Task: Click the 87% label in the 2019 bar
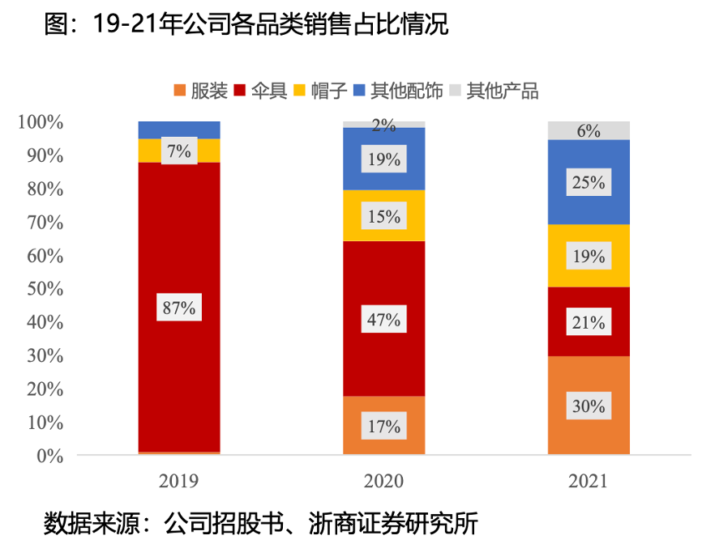tap(179, 308)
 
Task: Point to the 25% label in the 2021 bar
tap(589, 183)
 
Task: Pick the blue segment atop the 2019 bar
tap(179, 130)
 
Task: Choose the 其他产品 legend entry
tap(503, 91)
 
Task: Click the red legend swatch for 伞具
tap(239, 91)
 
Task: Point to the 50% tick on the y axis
tap(40, 289)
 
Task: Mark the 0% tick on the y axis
tap(45, 456)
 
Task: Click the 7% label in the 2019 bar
tap(179, 151)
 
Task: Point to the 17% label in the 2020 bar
tap(383, 426)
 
